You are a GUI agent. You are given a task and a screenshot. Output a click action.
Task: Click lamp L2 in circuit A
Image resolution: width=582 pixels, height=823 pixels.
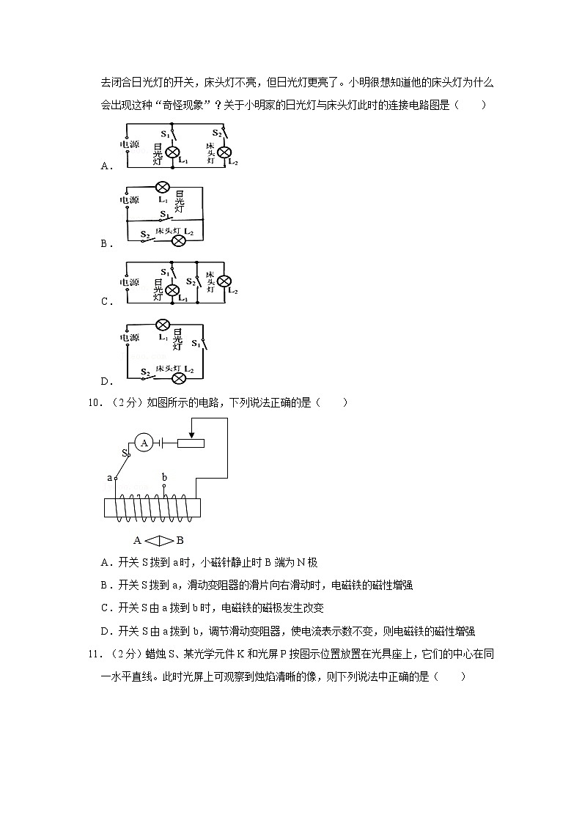point(225,152)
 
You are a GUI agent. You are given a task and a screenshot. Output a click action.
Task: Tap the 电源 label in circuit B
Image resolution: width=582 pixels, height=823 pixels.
point(129,199)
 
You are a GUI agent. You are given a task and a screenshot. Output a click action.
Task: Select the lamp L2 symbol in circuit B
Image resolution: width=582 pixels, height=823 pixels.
point(177,241)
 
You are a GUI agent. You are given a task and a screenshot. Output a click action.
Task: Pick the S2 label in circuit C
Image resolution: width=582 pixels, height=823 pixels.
point(190,281)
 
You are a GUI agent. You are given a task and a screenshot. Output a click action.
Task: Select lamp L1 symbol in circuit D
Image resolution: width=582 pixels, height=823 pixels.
point(163,325)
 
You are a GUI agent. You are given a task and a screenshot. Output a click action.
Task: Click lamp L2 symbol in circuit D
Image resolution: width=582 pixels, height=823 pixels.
point(177,378)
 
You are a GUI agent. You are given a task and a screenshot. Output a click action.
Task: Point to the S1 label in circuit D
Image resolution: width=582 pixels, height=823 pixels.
point(196,343)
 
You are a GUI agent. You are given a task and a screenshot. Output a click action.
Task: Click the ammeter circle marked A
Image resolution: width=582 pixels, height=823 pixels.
point(144,443)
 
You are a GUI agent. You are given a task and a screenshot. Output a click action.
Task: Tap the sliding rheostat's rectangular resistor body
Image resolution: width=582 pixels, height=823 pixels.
point(191,443)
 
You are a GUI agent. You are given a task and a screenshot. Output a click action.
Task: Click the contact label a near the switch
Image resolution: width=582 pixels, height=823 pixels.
point(109,477)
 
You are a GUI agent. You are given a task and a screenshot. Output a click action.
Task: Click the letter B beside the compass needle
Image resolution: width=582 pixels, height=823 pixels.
point(180,541)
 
